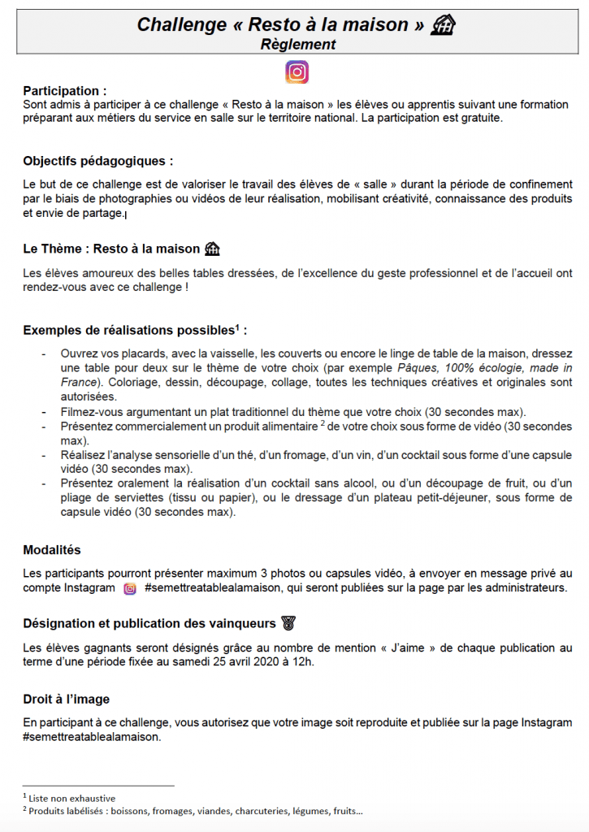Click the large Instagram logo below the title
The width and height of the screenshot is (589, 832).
point(297,72)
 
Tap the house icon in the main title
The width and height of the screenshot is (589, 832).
point(443,25)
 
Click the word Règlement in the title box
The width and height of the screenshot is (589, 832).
point(298,45)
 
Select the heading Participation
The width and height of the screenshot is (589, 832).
point(64,90)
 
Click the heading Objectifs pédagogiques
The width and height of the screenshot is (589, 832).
point(97,160)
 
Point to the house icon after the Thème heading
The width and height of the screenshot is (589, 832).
point(213,249)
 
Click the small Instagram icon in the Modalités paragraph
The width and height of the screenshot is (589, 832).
point(130,588)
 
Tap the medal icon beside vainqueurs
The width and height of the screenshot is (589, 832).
point(288,623)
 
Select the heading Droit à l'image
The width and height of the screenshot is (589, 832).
point(67,699)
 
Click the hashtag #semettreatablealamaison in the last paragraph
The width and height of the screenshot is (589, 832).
point(92,738)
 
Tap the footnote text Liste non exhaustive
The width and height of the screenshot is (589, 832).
point(72,798)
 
